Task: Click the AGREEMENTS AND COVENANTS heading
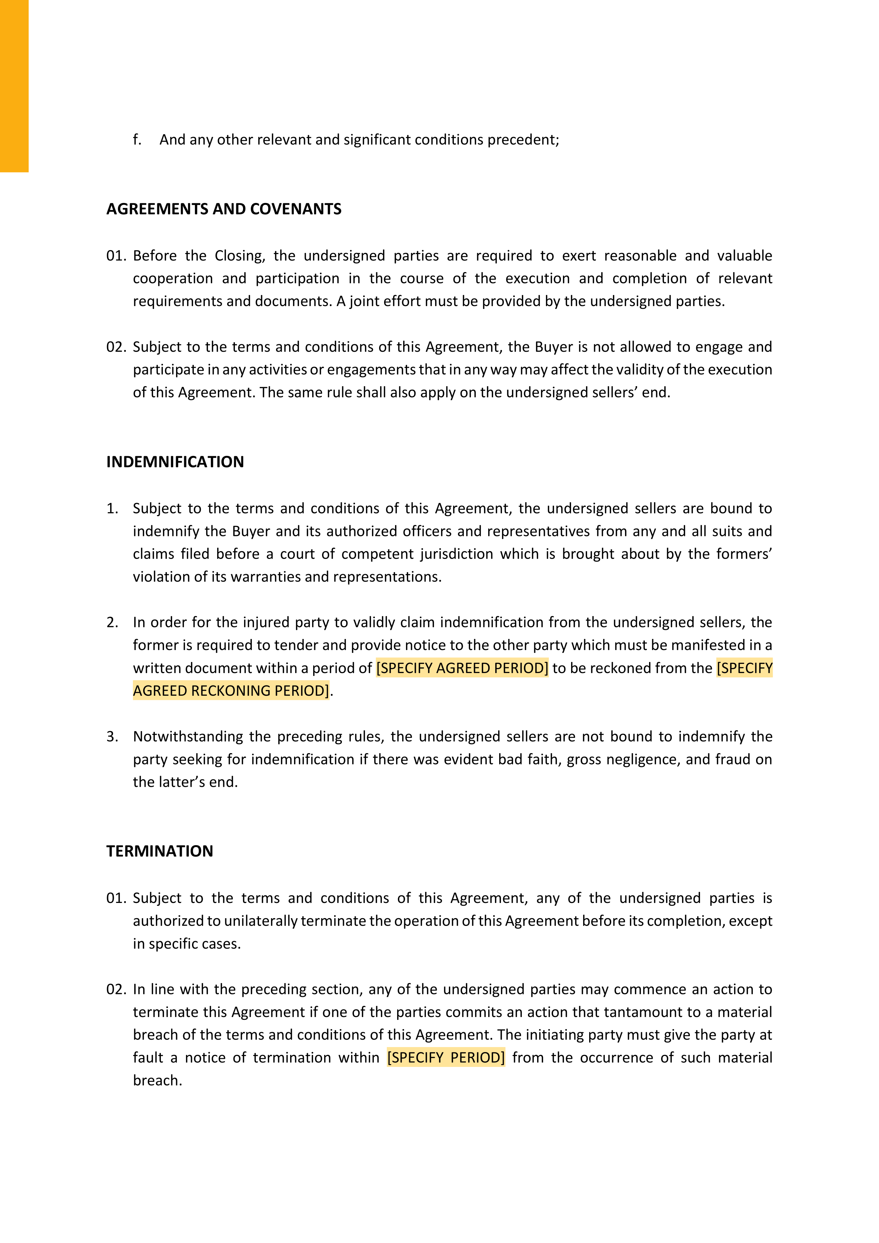click(x=224, y=209)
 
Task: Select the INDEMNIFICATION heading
click(x=175, y=462)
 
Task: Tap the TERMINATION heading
click(x=160, y=851)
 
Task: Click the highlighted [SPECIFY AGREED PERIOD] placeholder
click(x=462, y=668)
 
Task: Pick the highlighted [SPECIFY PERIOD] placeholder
click(x=446, y=1057)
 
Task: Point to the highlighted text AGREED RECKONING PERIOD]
click(x=231, y=691)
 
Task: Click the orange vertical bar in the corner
click(x=14, y=85)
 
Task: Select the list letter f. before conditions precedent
click(x=137, y=140)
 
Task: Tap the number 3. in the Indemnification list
click(x=112, y=736)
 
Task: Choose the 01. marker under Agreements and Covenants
click(x=116, y=255)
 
